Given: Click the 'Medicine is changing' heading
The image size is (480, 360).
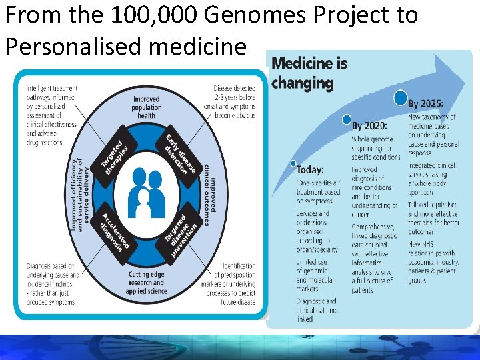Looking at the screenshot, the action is (x=310, y=73).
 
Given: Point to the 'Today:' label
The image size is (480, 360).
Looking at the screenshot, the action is (x=311, y=170).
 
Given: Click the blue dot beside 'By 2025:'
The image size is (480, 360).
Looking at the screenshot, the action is (x=400, y=98).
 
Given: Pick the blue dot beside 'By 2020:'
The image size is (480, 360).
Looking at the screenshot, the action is (x=346, y=120).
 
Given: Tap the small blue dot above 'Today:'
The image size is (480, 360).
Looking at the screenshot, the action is (x=293, y=163).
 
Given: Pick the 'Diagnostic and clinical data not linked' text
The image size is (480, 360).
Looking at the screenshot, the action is (x=317, y=310).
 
